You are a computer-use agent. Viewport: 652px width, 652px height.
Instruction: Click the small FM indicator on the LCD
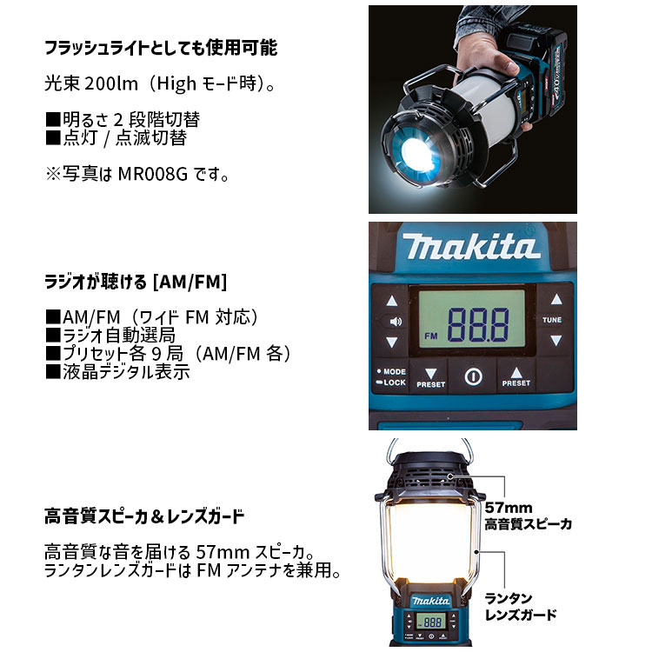tap(430, 334)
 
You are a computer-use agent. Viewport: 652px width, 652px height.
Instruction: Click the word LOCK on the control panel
tap(394, 383)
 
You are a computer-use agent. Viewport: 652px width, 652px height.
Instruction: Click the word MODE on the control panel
tap(394, 371)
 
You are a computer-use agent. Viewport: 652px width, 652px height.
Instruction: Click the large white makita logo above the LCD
tap(471, 249)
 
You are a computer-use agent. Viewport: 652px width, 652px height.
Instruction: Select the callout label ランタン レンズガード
tap(521, 606)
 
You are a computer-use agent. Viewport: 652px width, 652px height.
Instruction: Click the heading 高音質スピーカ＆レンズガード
tap(144, 516)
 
